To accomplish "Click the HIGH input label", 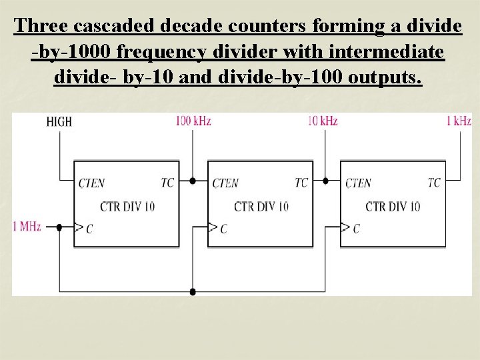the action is coord(59,122).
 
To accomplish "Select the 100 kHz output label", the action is coord(193,121).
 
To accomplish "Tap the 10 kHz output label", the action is coord(323,121).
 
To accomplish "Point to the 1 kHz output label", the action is coord(459,121).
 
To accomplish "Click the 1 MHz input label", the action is coord(27,227).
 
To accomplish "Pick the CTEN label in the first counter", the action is coord(92,183).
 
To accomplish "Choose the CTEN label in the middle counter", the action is coord(225,183).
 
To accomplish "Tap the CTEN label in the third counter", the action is coord(358,183).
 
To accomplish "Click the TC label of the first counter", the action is coord(167,183).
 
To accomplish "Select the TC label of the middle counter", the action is coord(301,183).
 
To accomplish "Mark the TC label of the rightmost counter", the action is coord(434,183).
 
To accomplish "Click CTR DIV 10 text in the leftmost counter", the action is coord(127,206).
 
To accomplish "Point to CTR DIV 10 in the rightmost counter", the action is coord(393,206).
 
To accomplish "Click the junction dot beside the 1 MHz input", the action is coord(59,227).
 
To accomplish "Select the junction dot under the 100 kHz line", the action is coord(193,180).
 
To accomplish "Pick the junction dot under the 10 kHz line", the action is coord(325,180).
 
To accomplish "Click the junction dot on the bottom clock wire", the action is coord(193,291).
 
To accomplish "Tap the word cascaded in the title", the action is coord(109,27).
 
